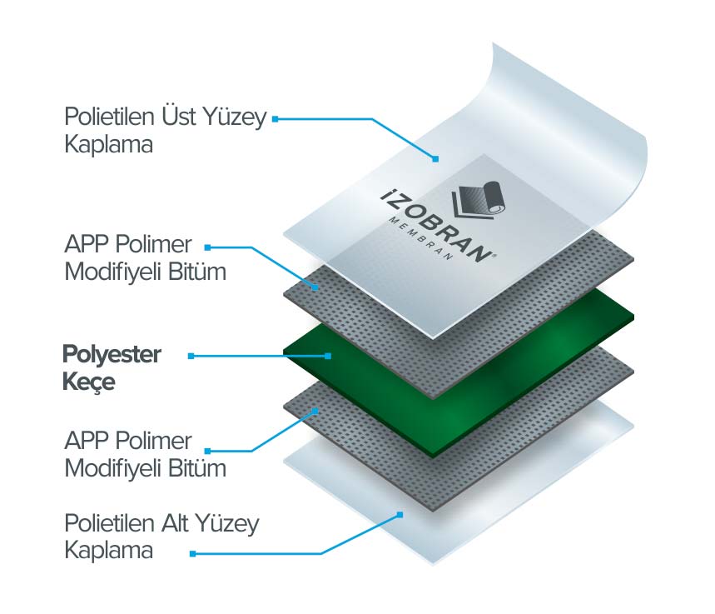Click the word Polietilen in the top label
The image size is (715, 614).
[109, 117]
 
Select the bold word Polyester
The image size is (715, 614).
[112, 355]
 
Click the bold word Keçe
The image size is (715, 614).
[89, 382]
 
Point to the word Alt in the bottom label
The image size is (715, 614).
[175, 523]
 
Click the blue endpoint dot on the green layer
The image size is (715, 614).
[328, 356]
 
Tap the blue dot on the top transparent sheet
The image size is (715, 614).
[435, 159]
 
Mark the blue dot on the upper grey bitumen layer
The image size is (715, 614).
[315, 287]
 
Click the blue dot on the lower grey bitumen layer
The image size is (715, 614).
[315, 411]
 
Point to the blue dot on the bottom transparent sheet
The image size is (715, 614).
[400, 515]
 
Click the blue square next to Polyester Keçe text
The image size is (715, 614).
[191, 356]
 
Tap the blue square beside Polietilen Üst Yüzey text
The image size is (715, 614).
[275, 119]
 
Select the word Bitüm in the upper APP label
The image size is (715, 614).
[197, 272]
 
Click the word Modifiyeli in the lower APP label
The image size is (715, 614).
[113, 468]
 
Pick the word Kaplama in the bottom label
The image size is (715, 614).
[108, 550]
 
